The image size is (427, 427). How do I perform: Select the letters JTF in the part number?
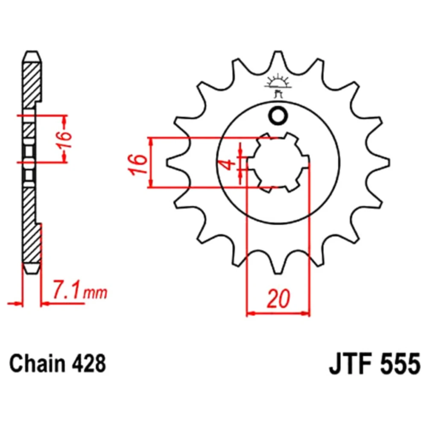click(x=351, y=364)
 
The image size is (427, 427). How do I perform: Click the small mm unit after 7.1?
click(x=95, y=293)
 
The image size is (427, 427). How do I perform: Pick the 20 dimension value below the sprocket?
click(x=278, y=299)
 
